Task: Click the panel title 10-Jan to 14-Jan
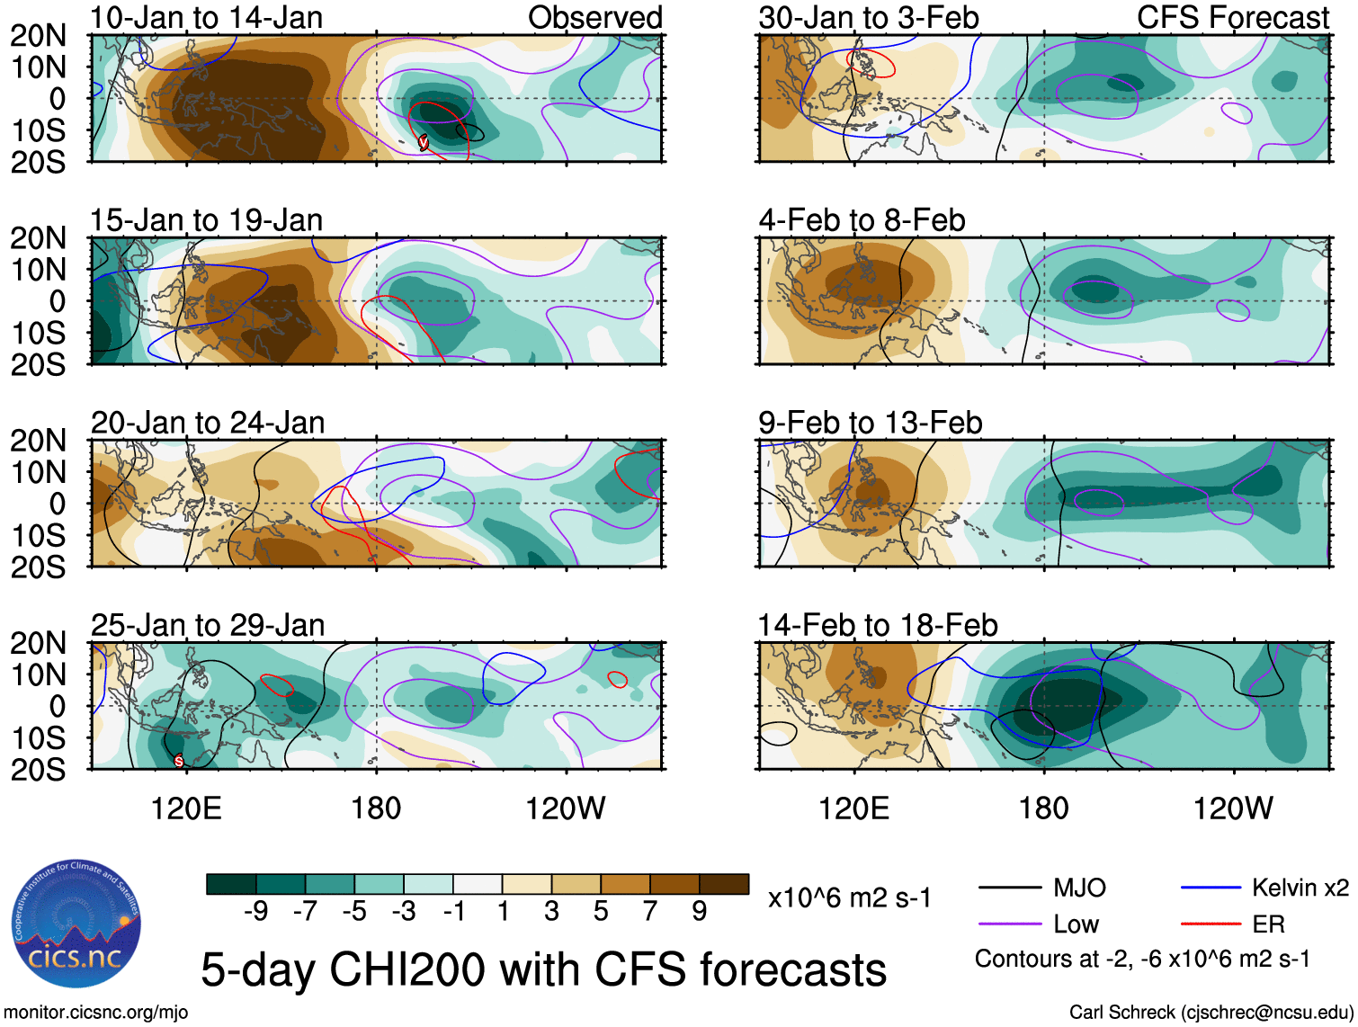click(206, 17)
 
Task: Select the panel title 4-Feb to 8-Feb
click(862, 219)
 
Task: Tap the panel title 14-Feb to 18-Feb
click(877, 624)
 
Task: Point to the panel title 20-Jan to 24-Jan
click(207, 422)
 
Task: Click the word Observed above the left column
click(594, 17)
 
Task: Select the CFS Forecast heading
click(1232, 17)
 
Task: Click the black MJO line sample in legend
click(1010, 889)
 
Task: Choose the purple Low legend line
click(1010, 924)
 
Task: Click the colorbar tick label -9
click(255, 912)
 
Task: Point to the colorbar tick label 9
click(699, 912)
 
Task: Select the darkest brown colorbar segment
click(724, 884)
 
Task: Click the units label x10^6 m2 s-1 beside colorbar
click(849, 898)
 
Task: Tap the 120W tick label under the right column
click(1233, 808)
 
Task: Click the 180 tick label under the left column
click(375, 808)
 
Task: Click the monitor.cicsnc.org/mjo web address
click(96, 1013)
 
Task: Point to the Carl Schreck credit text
click(1211, 1013)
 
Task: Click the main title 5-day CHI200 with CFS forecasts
click(543, 969)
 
